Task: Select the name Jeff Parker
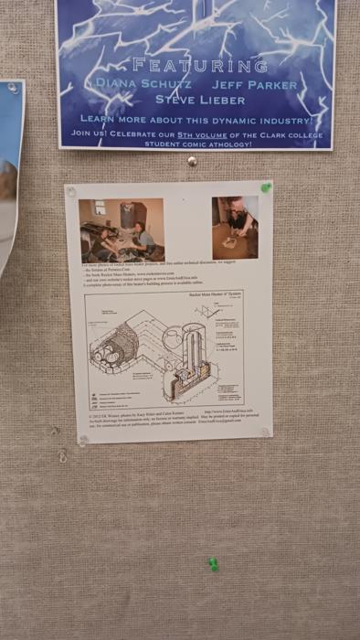(x=259, y=84)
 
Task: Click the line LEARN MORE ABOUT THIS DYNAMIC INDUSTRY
(x=196, y=119)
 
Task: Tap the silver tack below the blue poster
(x=192, y=161)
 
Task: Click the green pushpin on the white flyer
(x=266, y=187)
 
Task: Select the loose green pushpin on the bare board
(x=213, y=564)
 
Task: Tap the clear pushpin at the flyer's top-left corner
(x=71, y=192)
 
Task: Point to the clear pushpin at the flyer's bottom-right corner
(x=265, y=432)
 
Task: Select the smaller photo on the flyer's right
(x=235, y=228)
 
